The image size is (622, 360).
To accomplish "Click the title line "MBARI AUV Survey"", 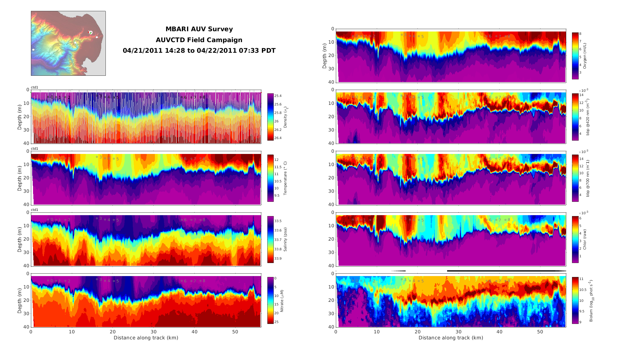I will [x=199, y=29].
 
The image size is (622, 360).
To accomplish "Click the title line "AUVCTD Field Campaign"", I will [x=199, y=40].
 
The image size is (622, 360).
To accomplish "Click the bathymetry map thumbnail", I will [x=68, y=43].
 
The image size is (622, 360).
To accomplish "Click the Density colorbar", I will [x=270, y=117].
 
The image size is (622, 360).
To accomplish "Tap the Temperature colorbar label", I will [x=285, y=178].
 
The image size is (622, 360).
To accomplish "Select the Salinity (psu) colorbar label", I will [x=285, y=240].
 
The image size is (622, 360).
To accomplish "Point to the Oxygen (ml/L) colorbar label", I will [x=585, y=56].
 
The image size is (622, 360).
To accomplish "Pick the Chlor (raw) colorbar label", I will [x=585, y=239].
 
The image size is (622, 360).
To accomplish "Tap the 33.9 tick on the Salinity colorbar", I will [x=278, y=258].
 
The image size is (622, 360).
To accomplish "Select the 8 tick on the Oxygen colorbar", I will [x=580, y=34].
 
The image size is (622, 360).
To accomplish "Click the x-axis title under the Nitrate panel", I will [x=146, y=338].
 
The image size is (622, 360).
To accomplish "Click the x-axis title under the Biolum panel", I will [x=451, y=338].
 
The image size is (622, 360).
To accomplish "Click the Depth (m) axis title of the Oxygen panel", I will [x=325, y=56].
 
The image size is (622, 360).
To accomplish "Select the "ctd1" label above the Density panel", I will [x=35, y=88].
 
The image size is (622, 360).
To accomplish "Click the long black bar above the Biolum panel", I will [x=503, y=271].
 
